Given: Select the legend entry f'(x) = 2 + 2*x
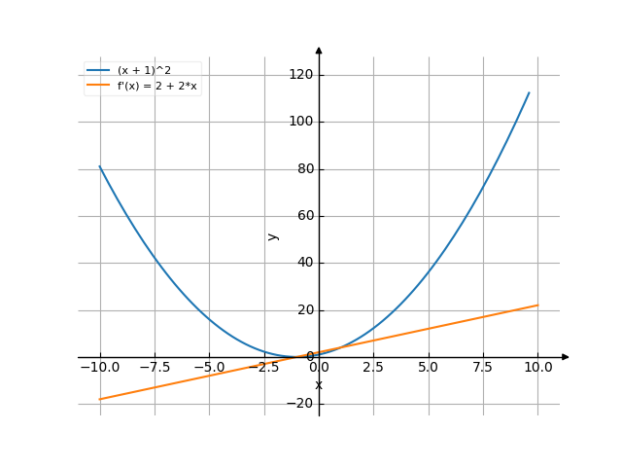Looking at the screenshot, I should click(x=158, y=85).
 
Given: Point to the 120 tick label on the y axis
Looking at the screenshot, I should click(x=300, y=75).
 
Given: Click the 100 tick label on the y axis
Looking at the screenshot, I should click(x=300, y=122).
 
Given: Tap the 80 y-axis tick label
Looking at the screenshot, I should click(x=304, y=169).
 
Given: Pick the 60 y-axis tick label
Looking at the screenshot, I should click(x=304, y=216).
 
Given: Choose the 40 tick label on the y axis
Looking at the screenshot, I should click(x=304, y=263).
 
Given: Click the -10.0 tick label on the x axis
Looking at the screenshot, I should click(x=99, y=367).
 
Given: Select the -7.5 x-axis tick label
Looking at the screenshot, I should click(x=155, y=367).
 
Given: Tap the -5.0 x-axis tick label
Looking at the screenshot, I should click(x=209, y=367).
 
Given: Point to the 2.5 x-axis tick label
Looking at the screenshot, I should click(x=373, y=367).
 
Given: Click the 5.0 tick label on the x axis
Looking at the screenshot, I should click(x=428, y=367).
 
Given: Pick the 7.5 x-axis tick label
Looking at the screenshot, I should click(x=483, y=367).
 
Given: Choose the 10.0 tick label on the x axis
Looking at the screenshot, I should click(x=537, y=367).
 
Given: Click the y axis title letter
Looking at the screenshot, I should click(x=273, y=235).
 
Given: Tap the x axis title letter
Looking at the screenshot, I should click(x=319, y=385).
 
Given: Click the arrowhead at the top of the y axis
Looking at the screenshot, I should click(x=319, y=49).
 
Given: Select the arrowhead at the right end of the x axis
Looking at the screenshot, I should click(x=566, y=357).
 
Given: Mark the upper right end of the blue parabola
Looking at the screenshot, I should click(x=530, y=92).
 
